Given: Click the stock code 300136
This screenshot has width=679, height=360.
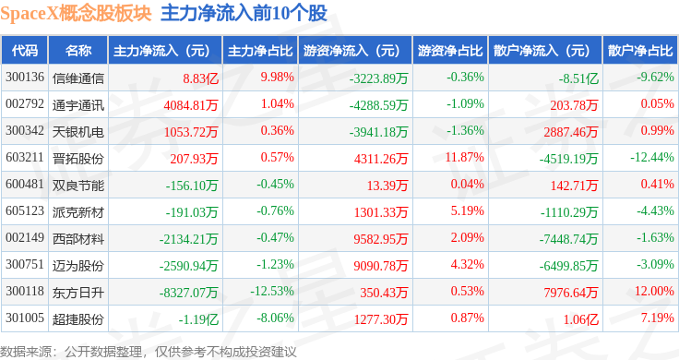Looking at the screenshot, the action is (25, 78).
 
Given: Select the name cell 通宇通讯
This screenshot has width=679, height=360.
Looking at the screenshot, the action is (77, 105).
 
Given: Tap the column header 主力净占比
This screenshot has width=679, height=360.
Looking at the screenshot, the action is (260, 51).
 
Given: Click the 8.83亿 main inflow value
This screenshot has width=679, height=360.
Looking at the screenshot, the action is (200, 78).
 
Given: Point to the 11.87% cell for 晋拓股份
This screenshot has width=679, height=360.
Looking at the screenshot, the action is (465, 157).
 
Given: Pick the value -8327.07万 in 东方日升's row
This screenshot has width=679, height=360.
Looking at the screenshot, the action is (188, 293).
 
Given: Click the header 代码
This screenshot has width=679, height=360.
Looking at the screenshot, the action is (25, 51).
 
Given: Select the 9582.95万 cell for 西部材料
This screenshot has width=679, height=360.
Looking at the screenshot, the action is (381, 239).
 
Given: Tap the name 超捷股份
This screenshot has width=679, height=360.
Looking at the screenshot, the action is (77, 319).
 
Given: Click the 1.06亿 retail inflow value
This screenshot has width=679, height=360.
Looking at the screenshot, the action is (580, 319).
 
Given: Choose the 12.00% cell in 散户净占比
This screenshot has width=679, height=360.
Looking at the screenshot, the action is (654, 291).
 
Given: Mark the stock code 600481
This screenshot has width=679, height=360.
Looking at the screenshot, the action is (25, 184).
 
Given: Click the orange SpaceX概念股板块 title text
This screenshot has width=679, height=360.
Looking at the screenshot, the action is (76, 14).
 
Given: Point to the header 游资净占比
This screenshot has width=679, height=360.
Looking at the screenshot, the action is (450, 51).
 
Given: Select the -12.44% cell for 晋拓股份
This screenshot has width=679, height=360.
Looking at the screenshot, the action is (651, 157).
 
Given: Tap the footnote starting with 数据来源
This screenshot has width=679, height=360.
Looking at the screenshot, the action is (149, 352).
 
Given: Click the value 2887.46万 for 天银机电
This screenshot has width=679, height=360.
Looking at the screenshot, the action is (571, 132).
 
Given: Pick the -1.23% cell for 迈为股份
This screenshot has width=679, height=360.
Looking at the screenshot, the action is (275, 264).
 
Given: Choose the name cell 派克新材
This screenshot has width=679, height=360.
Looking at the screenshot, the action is (77, 211).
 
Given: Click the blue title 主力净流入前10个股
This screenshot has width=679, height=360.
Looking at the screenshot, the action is (244, 14).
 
